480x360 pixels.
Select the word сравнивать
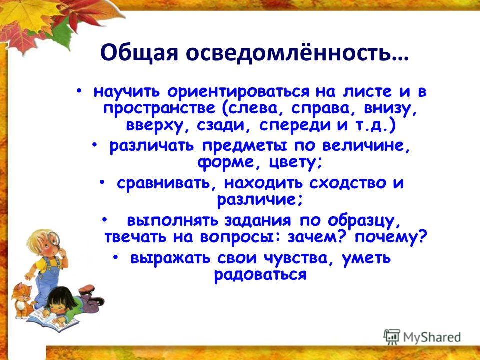coord(167,183)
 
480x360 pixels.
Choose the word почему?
coord(390,237)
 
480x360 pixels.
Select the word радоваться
coord(260,275)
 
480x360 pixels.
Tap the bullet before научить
coord(79,91)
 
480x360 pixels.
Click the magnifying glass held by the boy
coord(55,239)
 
